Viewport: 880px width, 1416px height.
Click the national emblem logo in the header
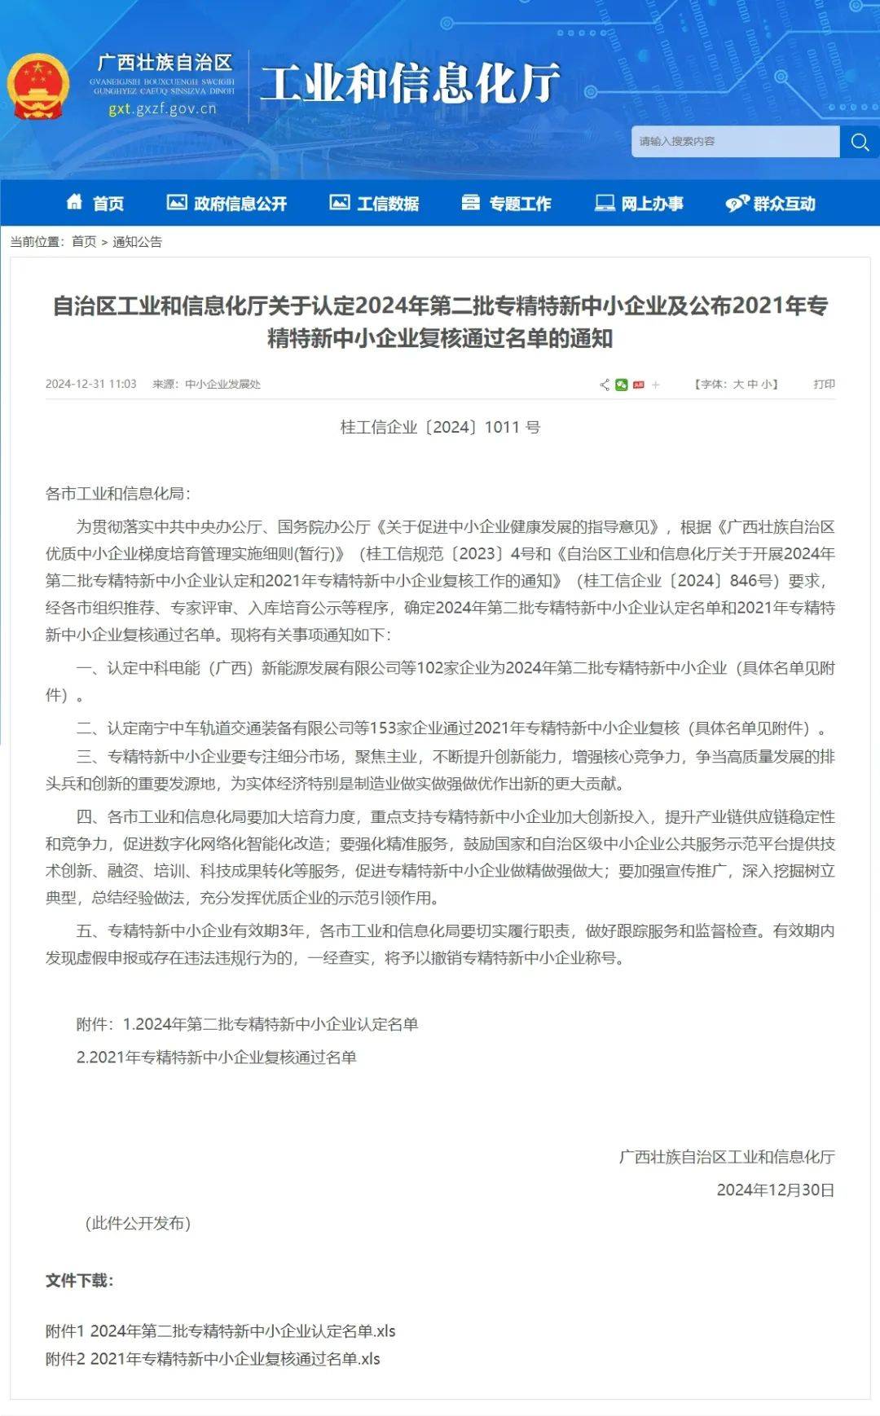pos(37,86)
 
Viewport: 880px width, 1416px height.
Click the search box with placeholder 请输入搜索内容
pos(734,142)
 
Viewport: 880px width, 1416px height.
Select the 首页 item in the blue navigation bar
pos(95,203)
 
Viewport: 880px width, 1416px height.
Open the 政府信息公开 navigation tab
pos(227,203)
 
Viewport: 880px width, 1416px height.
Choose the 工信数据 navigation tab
pos(375,203)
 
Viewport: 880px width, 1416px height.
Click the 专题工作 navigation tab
pos(506,203)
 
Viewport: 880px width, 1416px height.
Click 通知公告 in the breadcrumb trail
pos(137,242)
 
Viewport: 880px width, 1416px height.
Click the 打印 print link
pos(824,384)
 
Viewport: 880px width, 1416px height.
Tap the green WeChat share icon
pos(622,385)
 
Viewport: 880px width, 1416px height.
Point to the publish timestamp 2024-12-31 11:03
pos(90,384)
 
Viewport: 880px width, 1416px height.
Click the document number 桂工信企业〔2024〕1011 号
pos(440,427)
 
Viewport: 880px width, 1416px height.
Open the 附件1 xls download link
pos(220,1330)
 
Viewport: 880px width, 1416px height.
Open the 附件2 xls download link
pos(213,1358)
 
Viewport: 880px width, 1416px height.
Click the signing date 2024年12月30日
pos(775,1190)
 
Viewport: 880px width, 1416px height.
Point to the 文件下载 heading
pos(79,1280)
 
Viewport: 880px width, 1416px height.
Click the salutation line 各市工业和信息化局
pos(117,493)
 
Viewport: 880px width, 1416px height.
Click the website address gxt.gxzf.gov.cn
pos(162,108)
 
